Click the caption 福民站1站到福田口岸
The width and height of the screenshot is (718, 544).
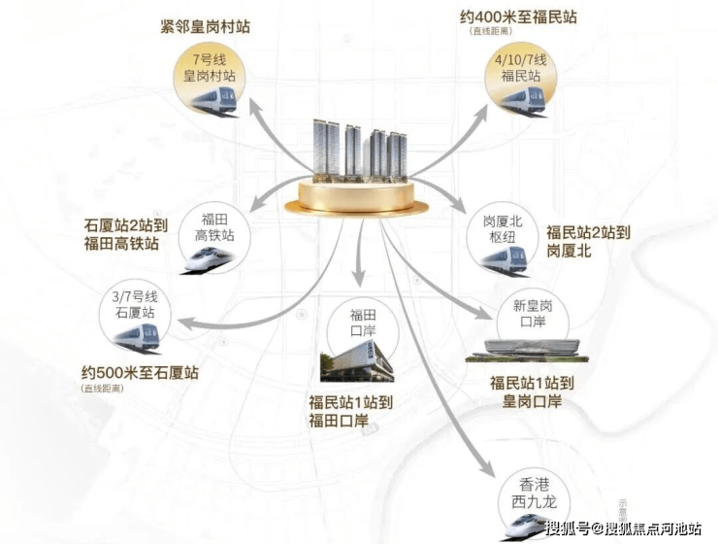(x=350, y=410)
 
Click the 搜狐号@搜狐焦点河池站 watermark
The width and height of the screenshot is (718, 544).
(x=624, y=528)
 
